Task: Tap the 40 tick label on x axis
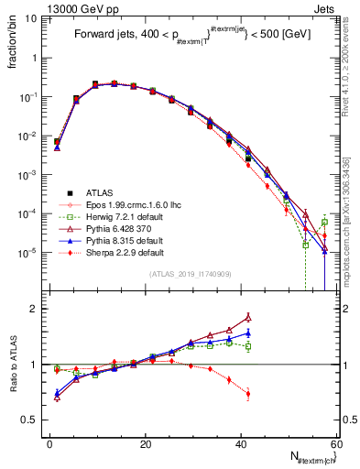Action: pos(241,444)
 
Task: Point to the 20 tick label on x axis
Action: pos(146,444)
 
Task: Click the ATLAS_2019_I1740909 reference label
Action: pos(190,273)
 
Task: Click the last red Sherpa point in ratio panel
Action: pos(247,394)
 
